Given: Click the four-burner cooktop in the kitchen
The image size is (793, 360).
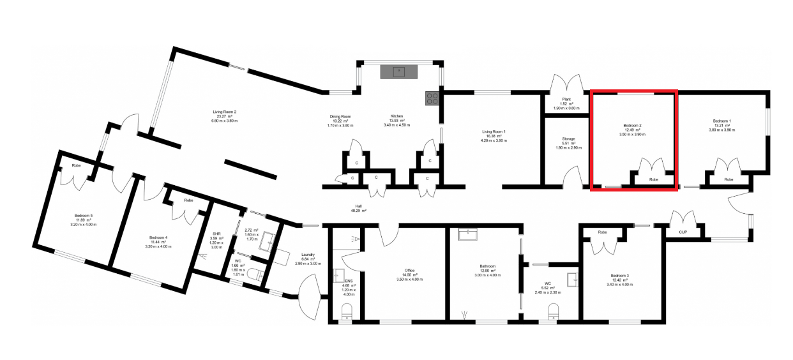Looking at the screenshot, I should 432,98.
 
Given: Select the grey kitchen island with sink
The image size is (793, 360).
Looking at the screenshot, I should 398,71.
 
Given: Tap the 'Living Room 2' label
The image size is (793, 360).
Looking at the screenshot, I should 224,112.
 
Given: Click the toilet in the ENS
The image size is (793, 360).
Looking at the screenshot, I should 346,311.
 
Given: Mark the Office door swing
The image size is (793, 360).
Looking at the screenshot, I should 388,236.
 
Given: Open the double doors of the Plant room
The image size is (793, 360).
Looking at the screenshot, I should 566,84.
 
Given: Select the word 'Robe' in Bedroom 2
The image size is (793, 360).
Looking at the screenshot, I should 653,180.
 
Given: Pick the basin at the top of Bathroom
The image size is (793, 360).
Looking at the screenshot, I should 469,234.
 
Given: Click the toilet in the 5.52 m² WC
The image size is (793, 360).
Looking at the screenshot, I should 554,310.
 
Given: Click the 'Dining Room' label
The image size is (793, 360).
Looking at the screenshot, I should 340,116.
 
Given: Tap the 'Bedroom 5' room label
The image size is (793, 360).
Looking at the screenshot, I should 83,216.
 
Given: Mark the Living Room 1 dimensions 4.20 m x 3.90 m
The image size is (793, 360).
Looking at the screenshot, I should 494,140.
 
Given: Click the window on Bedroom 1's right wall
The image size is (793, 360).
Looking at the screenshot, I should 768,122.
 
